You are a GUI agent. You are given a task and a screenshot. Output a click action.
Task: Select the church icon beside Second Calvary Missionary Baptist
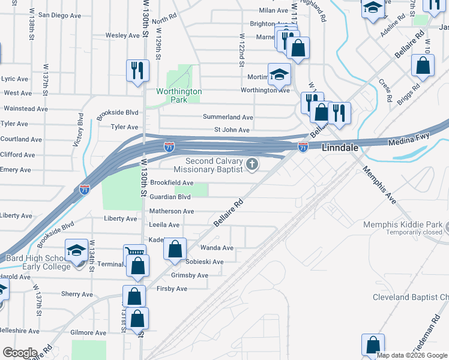click(253, 164)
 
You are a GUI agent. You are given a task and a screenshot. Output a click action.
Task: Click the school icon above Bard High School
click(76, 250)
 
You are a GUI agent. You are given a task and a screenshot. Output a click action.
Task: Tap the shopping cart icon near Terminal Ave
click(134, 254)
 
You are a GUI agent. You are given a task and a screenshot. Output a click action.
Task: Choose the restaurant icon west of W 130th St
click(137, 70)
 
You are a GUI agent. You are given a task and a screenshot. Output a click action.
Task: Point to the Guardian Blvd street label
click(170, 197)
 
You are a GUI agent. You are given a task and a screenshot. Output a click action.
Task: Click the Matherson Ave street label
click(172, 211)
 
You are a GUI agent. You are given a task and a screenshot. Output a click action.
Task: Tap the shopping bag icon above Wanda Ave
click(175, 249)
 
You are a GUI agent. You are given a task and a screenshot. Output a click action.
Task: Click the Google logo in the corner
click(20, 353)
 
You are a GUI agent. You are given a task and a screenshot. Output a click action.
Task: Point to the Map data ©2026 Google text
click(411, 355)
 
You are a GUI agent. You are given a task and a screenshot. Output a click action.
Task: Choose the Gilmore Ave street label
click(88, 332)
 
